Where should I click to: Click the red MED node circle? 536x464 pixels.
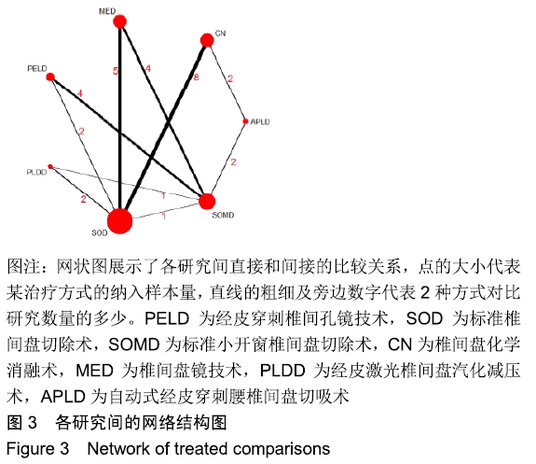(119, 21)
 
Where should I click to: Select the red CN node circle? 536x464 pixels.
(207, 40)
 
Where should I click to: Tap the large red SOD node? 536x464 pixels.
(119, 221)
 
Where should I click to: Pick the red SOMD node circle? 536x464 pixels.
(207, 202)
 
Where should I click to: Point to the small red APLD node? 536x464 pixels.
(245, 121)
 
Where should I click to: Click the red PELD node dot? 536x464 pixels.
(50, 77)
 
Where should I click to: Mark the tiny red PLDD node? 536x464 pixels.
(50, 167)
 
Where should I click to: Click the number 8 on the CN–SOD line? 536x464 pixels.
(196, 77)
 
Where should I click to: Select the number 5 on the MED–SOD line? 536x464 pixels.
(116, 71)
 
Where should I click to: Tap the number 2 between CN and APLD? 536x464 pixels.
(230, 78)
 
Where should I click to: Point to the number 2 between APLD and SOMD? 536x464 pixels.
(233, 162)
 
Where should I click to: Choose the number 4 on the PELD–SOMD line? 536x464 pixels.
(79, 93)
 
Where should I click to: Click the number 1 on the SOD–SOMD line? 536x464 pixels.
(164, 216)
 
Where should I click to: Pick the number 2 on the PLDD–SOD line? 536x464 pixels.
(83, 199)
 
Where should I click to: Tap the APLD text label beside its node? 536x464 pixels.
(260, 121)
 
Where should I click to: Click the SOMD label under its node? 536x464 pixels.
(223, 215)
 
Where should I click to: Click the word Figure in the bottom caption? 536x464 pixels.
(29, 449)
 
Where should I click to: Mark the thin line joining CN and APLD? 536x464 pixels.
(227, 81)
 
